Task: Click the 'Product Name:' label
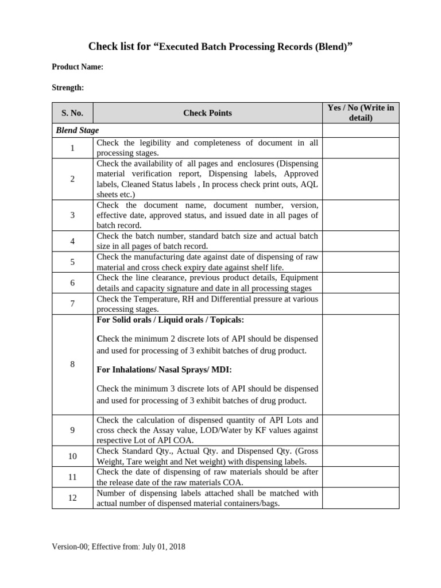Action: pos(78,67)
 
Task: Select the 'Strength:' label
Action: pos(68,88)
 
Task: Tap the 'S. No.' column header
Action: pos(72,113)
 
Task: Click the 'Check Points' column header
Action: pos(207,113)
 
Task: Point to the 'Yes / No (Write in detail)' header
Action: pos(361,113)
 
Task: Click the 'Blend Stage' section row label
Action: pos(78,130)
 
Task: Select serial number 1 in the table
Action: pos(72,148)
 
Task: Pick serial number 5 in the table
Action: pos(72,262)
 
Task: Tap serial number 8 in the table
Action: pos(72,364)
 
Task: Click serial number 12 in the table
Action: pos(72,498)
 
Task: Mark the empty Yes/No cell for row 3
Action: pos(361,215)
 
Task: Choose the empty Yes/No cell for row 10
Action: pos(361,456)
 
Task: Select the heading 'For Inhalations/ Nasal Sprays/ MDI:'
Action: pos(164,369)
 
